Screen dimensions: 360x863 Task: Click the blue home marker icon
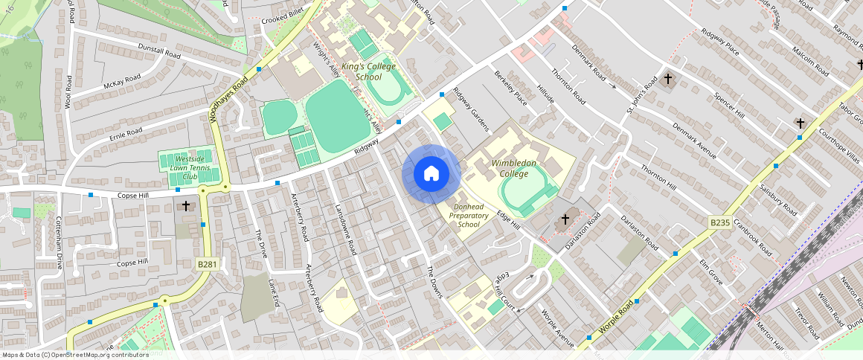click(431, 174)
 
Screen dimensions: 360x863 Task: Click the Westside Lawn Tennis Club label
click(185, 168)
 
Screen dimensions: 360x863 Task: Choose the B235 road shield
click(719, 222)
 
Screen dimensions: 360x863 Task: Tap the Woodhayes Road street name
click(228, 99)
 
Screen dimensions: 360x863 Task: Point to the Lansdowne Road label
click(347, 231)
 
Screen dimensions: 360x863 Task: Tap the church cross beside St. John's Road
click(667, 78)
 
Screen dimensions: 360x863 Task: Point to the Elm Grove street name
click(710, 273)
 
